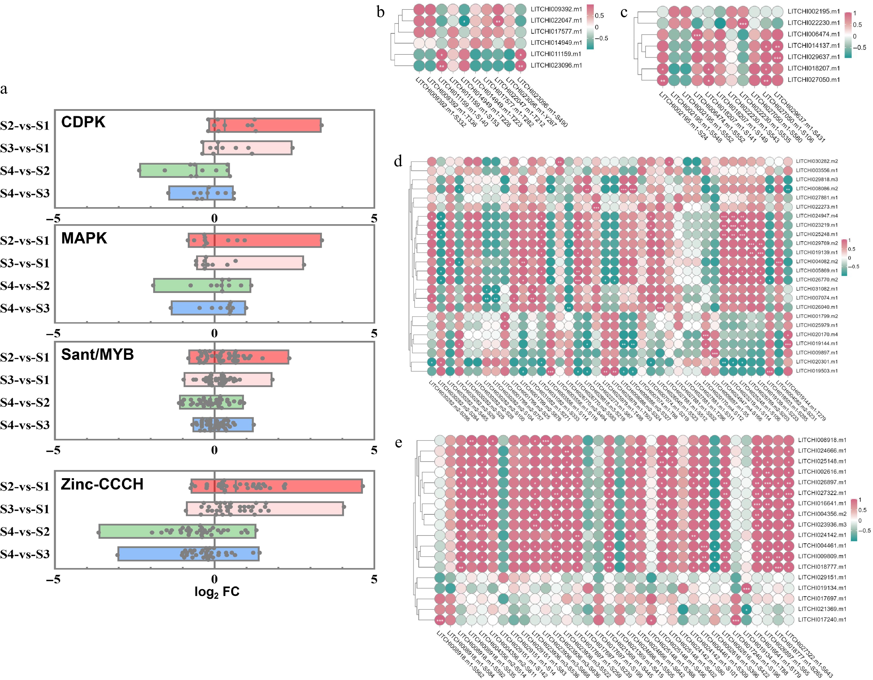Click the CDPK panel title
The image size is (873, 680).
tap(83, 122)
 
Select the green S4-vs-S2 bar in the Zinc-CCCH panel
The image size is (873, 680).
tap(177, 531)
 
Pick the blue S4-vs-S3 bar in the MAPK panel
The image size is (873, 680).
tap(208, 308)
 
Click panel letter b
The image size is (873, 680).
tap(380, 12)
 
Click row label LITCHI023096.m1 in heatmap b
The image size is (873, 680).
tap(556, 65)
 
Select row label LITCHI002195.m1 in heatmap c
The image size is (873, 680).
tap(813, 11)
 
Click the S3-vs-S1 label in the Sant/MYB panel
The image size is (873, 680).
tap(25, 380)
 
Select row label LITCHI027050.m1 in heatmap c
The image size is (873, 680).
tap(813, 79)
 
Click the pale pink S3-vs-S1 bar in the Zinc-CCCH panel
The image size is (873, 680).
tap(265, 509)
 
